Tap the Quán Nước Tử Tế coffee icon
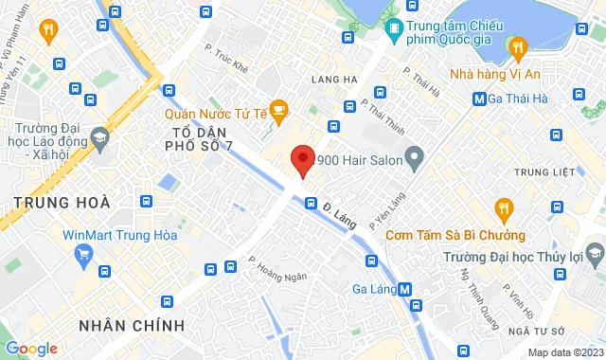click(x=278, y=112)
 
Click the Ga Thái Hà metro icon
click(x=479, y=97)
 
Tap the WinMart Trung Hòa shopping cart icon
click(x=84, y=254)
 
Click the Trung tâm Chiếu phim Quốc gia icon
click(x=393, y=30)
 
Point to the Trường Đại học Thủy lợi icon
click(x=594, y=254)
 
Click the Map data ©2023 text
click(x=564, y=352)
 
